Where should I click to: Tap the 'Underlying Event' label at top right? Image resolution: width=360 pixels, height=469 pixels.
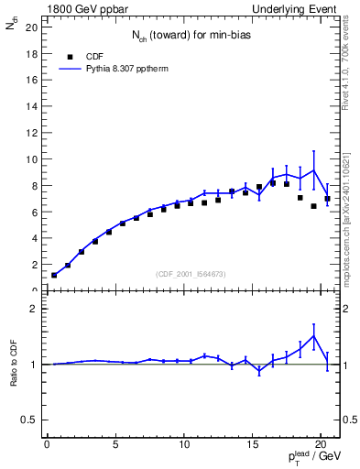pos(294,8)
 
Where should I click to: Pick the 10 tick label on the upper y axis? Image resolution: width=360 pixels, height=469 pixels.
pos(31,159)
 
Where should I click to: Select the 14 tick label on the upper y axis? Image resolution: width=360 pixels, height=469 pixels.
pos(31,106)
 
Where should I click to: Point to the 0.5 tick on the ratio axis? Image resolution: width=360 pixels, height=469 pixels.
pos(28,420)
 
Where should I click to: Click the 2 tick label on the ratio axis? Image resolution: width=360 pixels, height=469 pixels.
pos(34,309)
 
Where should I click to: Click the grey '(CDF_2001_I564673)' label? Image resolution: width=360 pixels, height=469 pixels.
pos(191,273)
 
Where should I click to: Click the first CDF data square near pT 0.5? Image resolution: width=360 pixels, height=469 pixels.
pos(54,275)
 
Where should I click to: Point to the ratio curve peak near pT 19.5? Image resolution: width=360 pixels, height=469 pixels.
pos(314,336)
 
